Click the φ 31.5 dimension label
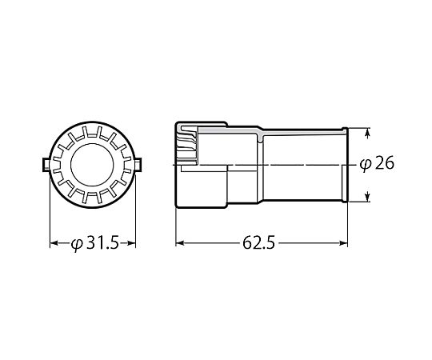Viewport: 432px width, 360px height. click(95, 243)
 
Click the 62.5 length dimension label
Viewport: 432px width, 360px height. click(258, 243)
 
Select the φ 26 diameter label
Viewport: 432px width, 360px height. click(377, 164)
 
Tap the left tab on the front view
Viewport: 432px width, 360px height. click(46, 165)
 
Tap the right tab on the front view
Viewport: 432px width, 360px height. click(138, 165)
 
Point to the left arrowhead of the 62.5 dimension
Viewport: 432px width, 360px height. click(180, 243)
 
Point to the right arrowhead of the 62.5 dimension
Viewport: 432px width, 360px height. click(343, 243)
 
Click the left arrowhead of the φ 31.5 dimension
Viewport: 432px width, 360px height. click(54, 243)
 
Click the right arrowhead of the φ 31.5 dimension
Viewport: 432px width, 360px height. click(132, 243)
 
